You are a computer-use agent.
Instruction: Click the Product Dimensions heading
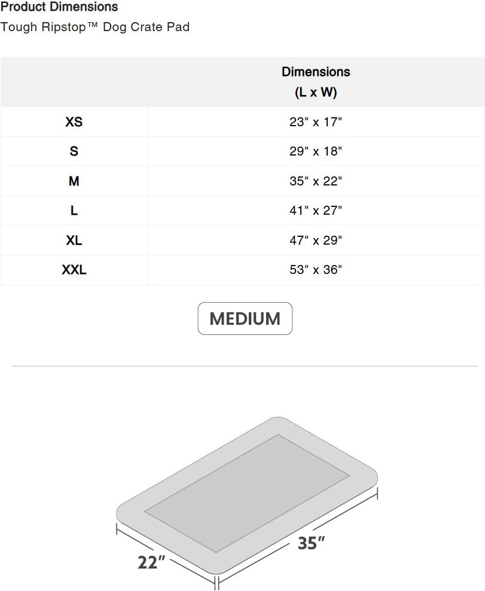59,7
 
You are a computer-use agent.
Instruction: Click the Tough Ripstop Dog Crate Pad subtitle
95,27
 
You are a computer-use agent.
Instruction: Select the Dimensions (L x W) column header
316,82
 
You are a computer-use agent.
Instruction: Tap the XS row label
74,122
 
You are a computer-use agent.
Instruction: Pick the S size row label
74,151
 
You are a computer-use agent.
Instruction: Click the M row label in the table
74,181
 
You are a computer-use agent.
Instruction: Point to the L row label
74,211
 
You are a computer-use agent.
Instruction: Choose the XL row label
74,240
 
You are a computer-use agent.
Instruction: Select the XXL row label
74,270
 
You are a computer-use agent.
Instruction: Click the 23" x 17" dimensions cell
316,122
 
